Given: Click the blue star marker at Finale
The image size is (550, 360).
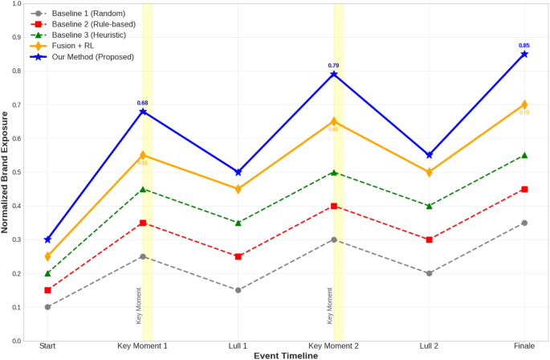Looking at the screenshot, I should [x=524, y=54].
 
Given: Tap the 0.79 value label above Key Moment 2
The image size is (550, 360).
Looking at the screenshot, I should [x=334, y=65].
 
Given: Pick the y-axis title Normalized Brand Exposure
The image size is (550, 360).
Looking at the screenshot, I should [x=6, y=173].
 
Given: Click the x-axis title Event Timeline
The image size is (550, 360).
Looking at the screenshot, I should [x=286, y=354].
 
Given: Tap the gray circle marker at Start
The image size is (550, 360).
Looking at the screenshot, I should [x=47, y=307].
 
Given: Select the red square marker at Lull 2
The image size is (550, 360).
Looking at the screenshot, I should [x=429, y=239].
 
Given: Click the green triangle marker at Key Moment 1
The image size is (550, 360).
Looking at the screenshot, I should [x=143, y=190].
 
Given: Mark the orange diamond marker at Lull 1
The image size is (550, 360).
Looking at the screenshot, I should [x=238, y=189].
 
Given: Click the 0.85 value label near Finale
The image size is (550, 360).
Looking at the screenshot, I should [x=524, y=45].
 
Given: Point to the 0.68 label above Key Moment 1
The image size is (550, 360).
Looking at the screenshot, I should [x=143, y=103].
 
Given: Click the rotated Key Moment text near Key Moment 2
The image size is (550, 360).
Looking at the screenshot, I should [x=330, y=305].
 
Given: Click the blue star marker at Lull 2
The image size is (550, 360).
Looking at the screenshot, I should [x=429, y=155].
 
